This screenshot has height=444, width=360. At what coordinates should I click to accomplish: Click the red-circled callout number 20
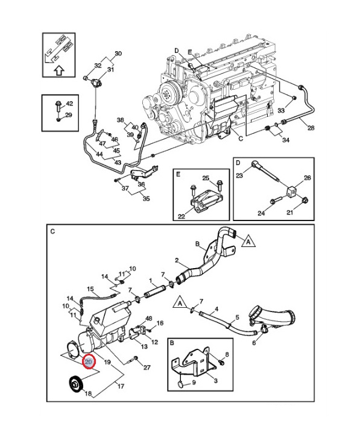point(89,362)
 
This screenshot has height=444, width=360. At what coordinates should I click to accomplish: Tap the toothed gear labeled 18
point(75,384)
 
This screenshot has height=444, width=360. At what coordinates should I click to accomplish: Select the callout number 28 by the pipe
point(311,128)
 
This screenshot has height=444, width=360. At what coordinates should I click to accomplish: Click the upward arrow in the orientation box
point(59,70)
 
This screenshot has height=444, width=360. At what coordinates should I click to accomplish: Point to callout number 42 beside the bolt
point(69,104)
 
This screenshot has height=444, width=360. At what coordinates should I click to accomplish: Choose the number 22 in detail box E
point(182,216)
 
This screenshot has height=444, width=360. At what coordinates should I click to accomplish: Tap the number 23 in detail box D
point(239,175)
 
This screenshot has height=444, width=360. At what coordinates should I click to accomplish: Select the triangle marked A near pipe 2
point(248,241)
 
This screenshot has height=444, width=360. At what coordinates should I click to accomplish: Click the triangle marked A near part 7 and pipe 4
point(180,302)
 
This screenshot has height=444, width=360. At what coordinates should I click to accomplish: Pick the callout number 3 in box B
point(215,381)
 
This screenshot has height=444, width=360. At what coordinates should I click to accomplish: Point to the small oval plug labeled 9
point(180,384)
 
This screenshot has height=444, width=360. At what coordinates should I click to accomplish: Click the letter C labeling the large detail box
point(52,231)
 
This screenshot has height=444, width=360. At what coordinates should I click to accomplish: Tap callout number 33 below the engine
point(281,110)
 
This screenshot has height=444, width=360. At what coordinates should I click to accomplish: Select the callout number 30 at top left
point(118,54)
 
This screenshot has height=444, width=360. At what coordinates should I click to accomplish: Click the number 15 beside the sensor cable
point(90,289)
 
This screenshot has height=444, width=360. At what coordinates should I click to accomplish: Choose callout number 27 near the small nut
point(147,367)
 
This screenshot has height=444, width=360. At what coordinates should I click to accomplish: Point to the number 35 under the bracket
point(147,198)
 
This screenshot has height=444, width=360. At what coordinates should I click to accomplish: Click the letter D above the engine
point(177,51)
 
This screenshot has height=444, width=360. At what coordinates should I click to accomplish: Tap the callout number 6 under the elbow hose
point(254,343)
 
